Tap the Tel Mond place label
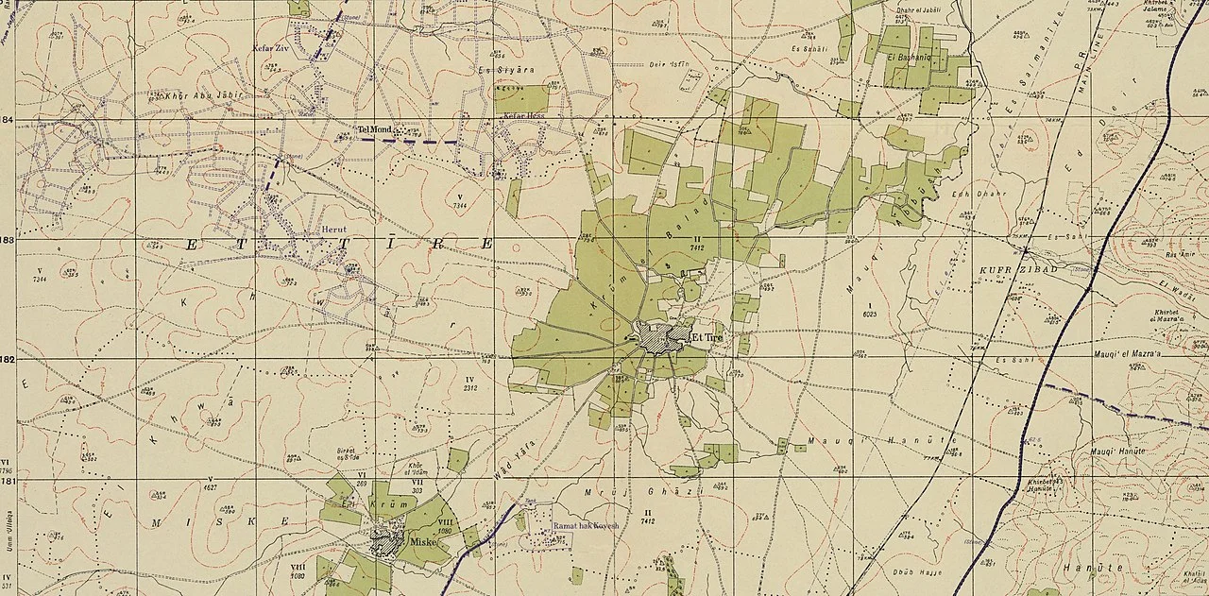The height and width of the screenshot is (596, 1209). tap(373, 129)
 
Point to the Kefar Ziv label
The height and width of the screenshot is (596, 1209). tap(268, 47)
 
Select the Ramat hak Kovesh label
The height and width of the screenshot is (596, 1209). tap(585, 525)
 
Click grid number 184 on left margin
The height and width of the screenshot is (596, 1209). tap(8, 120)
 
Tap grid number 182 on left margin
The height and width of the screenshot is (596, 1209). tap(8, 360)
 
